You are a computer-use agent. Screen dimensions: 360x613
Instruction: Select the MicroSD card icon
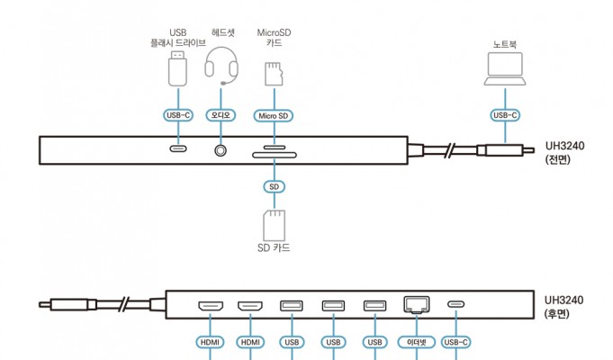274,73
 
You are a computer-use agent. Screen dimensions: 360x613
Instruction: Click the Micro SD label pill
274,115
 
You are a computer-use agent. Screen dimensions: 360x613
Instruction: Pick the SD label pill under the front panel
274,186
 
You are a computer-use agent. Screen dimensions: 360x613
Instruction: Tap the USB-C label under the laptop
504,115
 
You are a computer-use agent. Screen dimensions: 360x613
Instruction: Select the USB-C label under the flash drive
178,115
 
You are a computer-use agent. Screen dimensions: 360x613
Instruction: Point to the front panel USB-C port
178,149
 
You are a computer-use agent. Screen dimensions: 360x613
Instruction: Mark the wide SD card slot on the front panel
274,157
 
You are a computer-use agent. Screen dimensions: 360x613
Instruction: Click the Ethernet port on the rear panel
417,304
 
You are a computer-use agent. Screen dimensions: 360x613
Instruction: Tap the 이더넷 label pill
417,342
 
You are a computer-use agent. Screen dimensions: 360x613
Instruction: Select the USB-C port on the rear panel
456,304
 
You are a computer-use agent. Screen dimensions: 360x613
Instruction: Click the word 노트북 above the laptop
504,42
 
